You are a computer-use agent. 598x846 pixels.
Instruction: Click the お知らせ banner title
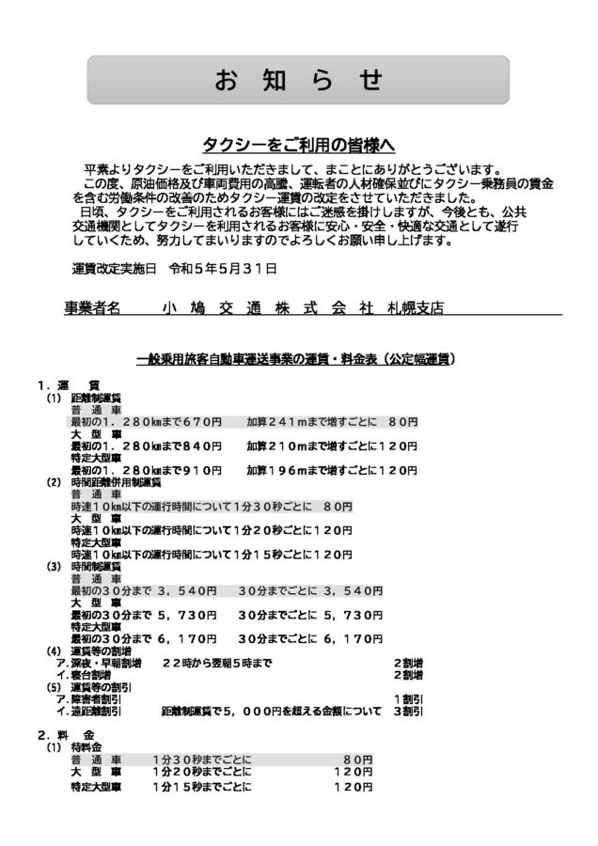tap(298, 81)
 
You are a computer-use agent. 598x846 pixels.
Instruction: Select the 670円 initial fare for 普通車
tap(202, 422)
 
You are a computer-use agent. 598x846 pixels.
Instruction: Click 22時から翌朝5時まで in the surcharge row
tap(217, 663)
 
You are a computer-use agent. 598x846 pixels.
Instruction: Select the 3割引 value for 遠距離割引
tap(408, 712)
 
